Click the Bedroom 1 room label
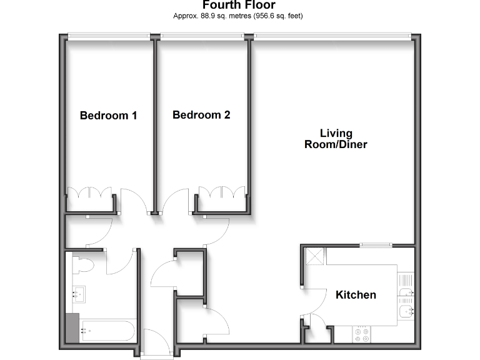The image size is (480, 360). (x=109, y=116)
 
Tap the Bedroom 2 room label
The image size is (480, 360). (x=201, y=115)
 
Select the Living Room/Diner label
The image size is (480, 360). (x=336, y=139)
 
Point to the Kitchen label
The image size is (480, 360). (x=356, y=295)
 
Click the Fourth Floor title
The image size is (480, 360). (x=239, y=6)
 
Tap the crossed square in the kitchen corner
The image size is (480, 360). (x=313, y=256)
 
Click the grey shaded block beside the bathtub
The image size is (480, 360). (x=73, y=327)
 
